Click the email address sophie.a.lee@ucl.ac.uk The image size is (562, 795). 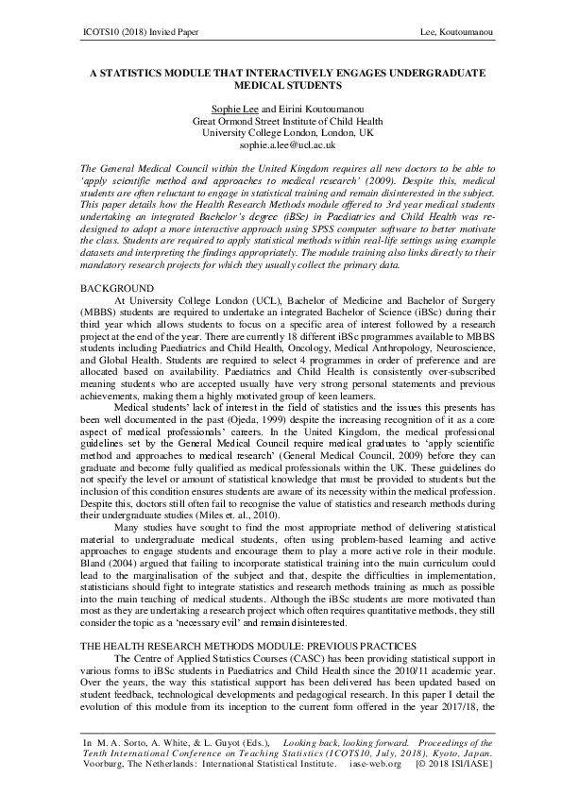click(281, 145)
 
